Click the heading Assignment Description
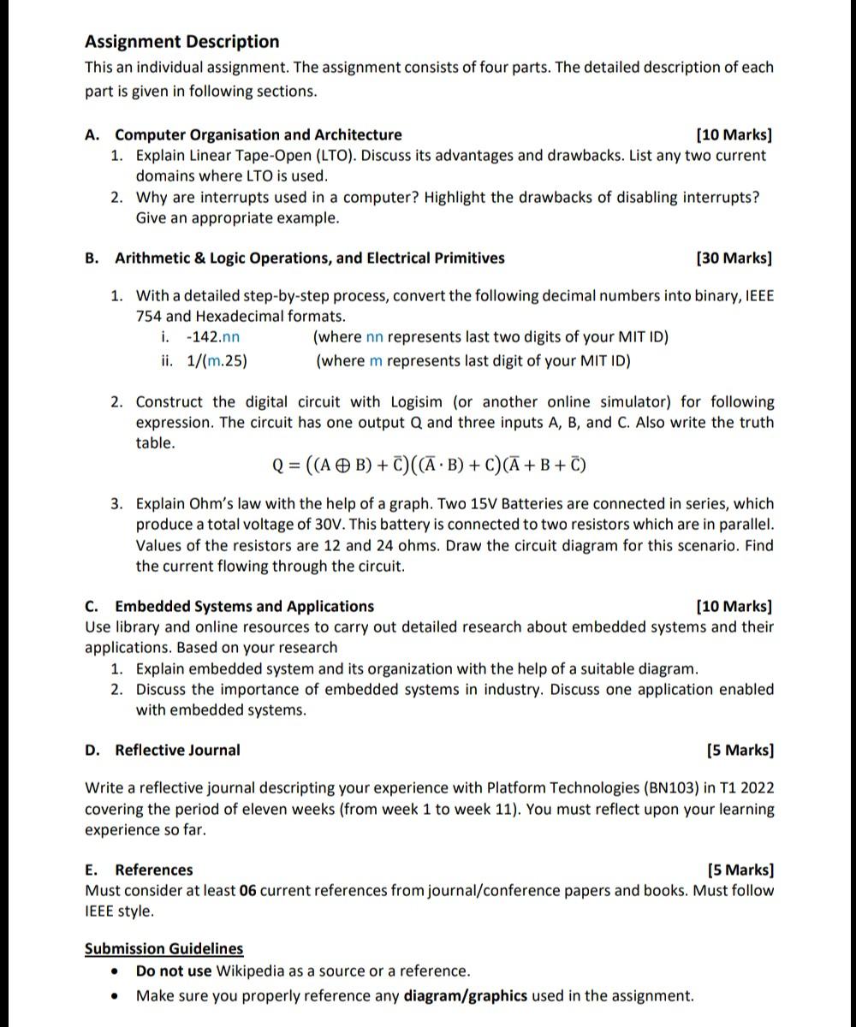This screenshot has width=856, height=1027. (x=181, y=42)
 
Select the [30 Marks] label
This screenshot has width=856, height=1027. (x=734, y=258)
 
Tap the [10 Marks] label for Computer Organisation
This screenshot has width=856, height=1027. (x=734, y=134)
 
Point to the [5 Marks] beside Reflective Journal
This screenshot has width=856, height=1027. (x=740, y=751)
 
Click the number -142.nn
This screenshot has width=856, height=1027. (x=213, y=337)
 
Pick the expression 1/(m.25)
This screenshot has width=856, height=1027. (x=217, y=361)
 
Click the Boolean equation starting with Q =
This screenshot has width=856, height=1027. (x=428, y=466)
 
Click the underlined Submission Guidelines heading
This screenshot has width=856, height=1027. (x=163, y=948)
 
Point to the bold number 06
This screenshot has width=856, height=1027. (x=248, y=891)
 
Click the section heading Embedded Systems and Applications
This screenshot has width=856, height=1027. (x=244, y=607)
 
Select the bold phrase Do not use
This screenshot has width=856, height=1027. (x=173, y=971)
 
